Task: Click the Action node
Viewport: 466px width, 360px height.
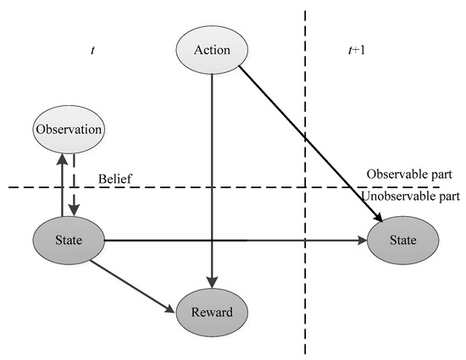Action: click(x=212, y=50)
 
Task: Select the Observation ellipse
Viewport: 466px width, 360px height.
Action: click(x=69, y=130)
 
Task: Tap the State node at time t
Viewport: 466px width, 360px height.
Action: click(x=69, y=240)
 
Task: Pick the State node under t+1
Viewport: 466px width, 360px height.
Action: click(x=403, y=240)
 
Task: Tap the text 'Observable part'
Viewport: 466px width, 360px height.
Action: click(x=409, y=174)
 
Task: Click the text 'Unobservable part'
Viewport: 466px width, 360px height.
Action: click(x=410, y=197)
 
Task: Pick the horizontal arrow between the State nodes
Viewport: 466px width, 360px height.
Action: click(x=237, y=240)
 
